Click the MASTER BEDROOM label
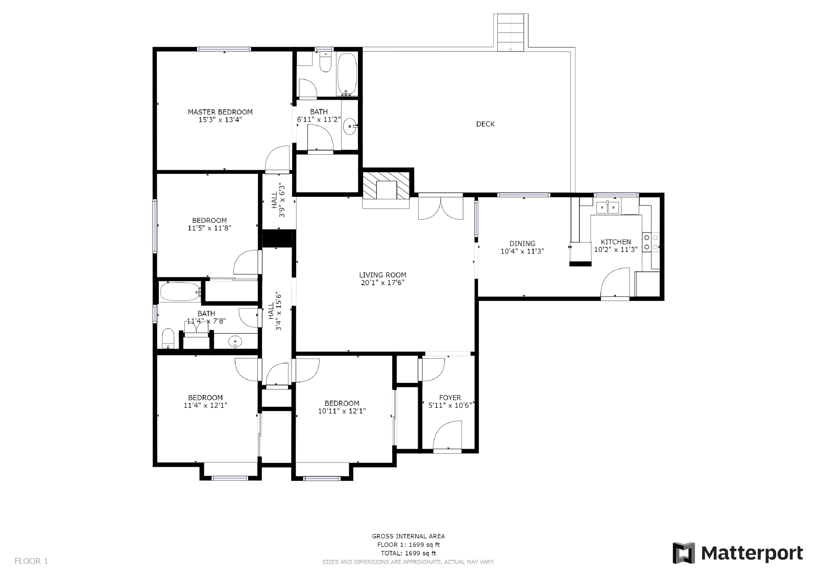(220, 112)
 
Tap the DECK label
(485, 124)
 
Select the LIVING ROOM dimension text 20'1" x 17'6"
(382, 283)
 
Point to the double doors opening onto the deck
(440, 208)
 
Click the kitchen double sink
(608, 207)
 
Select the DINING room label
(522, 243)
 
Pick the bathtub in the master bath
(347, 75)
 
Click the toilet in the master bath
(325, 63)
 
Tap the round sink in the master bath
(350, 126)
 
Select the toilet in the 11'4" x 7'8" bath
(168, 338)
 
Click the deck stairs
(511, 32)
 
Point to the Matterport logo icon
(684, 553)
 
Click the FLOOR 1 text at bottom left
(31, 561)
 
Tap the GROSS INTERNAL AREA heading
(408, 536)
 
